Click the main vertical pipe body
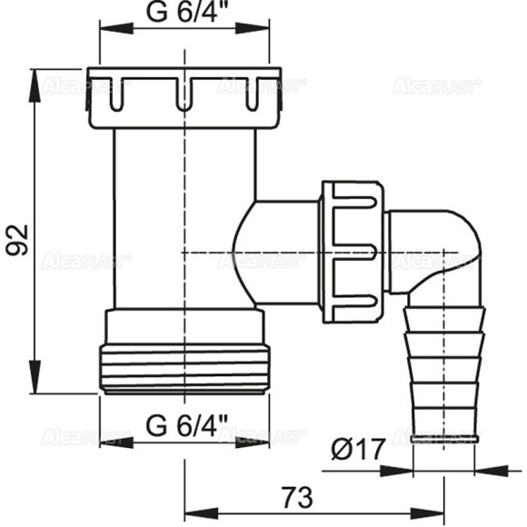pos(184,218)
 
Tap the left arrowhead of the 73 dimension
pos(193,510)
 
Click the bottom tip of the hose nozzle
pos(443,438)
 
